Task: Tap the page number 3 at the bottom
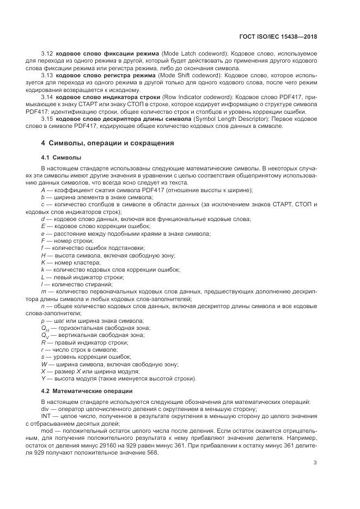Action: click(x=315, y=463)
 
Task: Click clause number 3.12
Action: click(x=47, y=55)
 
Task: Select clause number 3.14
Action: click(x=47, y=96)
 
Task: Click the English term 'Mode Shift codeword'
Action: click(x=187, y=76)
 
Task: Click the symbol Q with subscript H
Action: click(x=45, y=328)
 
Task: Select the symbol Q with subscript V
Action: click(x=45, y=335)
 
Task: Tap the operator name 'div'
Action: click(x=45, y=408)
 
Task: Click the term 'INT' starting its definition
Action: click(x=46, y=415)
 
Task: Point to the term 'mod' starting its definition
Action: click(x=47, y=430)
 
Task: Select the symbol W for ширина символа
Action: click(x=44, y=364)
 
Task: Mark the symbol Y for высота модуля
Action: click(x=43, y=378)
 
